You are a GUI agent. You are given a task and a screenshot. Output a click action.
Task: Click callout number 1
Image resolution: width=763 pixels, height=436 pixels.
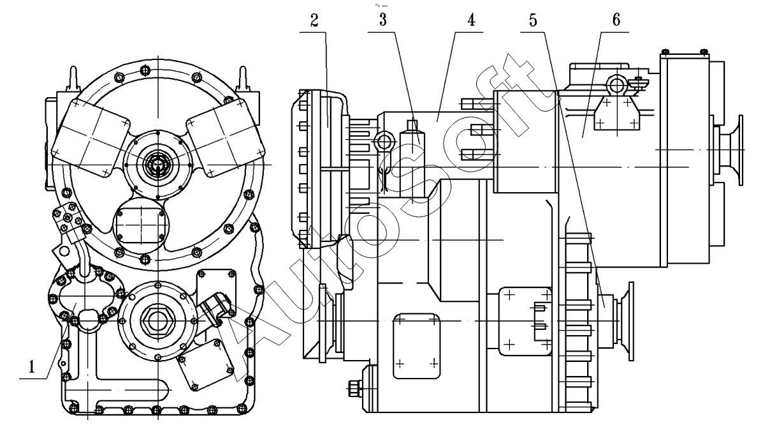pyautogui.click(x=32, y=366)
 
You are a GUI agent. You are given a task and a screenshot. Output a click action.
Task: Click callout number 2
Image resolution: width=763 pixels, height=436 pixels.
pyautogui.click(x=314, y=21)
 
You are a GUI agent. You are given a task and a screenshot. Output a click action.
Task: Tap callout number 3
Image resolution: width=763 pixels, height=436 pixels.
pyautogui.click(x=384, y=20)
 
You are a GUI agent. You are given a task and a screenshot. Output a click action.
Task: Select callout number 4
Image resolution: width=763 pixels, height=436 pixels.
pyautogui.click(x=470, y=20)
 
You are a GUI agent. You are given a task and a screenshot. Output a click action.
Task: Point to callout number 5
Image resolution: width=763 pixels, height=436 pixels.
pyautogui.click(x=534, y=21)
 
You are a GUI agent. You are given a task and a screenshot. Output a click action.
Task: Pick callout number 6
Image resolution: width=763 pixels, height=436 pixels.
pyautogui.click(x=616, y=20)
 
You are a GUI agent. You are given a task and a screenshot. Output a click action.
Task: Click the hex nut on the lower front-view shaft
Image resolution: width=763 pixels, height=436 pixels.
pyautogui.click(x=157, y=320)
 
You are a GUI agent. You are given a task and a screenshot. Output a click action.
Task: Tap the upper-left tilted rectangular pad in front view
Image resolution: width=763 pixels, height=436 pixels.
pyautogui.click(x=91, y=137)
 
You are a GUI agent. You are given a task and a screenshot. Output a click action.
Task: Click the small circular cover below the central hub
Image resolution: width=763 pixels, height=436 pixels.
pyautogui.click(x=141, y=224)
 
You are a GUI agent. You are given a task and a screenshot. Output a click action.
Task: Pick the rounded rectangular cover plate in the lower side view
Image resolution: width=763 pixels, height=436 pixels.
pyautogui.click(x=416, y=346)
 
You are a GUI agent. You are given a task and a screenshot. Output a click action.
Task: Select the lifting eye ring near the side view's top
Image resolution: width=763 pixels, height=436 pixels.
pyautogui.click(x=616, y=85)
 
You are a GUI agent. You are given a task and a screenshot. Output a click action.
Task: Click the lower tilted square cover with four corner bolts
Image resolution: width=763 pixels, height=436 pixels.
pyautogui.click(x=205, y=365)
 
